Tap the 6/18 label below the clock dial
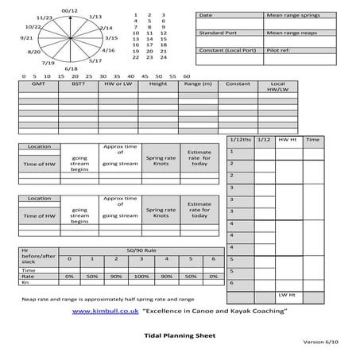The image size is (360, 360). (71, 68)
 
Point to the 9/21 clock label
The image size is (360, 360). (25, 37)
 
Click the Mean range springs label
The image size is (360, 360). (290, 15)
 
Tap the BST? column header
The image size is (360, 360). (77, 83)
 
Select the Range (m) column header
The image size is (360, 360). (198, 83)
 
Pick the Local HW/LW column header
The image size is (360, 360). (278, 87)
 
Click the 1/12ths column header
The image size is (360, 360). (240, 139)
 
